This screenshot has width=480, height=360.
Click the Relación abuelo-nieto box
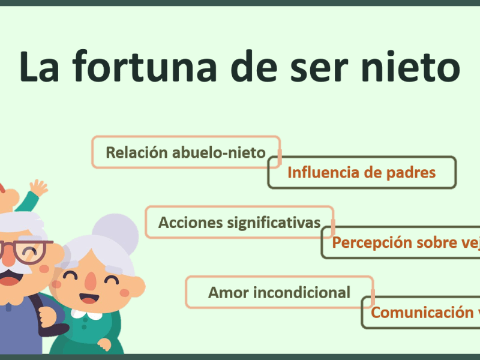[x=185, y=152]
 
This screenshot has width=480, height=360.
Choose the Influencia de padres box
[x=361, y=173]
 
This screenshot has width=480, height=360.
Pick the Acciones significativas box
[x=239, y=223]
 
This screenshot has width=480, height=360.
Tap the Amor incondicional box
[x=279, y=292]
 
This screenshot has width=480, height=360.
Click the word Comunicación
[x=414, y=312]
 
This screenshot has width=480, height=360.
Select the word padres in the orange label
[x=412, y=173]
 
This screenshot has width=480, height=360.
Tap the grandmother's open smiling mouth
[x=89, y=298]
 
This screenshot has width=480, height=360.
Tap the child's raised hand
[x=39, y=188]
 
